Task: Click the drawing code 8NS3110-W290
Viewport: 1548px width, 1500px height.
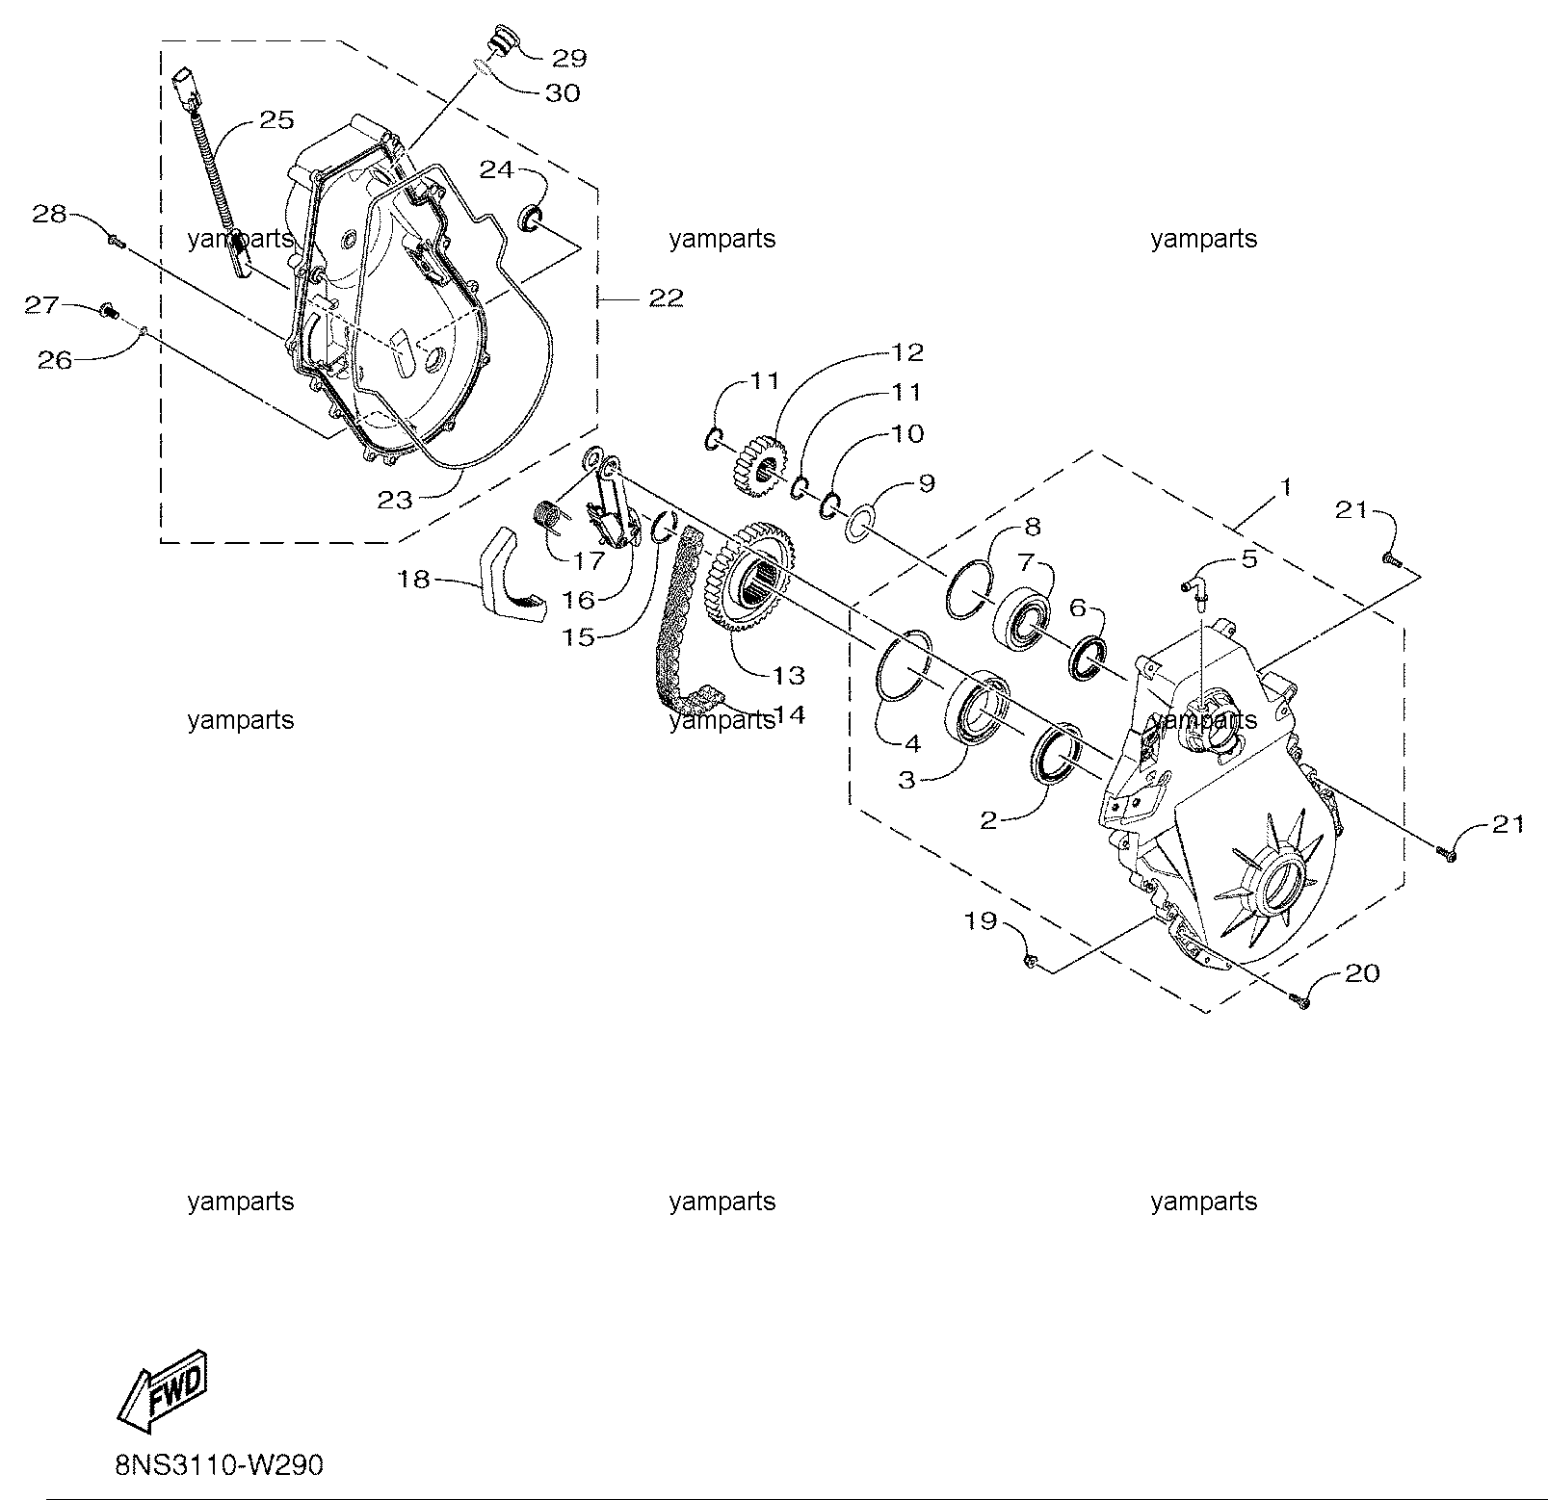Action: (219, 1465)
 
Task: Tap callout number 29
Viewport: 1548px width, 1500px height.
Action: (568, 58)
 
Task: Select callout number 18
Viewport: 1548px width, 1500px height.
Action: (414, 581)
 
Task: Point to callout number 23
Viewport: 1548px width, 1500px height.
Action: (395, 500)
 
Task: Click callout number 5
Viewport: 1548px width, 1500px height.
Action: (1248, 558)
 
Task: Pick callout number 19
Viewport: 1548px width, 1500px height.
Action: (981, 921)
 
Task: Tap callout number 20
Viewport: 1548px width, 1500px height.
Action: (1362, 973)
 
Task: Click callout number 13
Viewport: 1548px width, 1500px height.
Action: (788, 675)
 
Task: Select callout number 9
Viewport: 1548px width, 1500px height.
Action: (927, 482)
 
